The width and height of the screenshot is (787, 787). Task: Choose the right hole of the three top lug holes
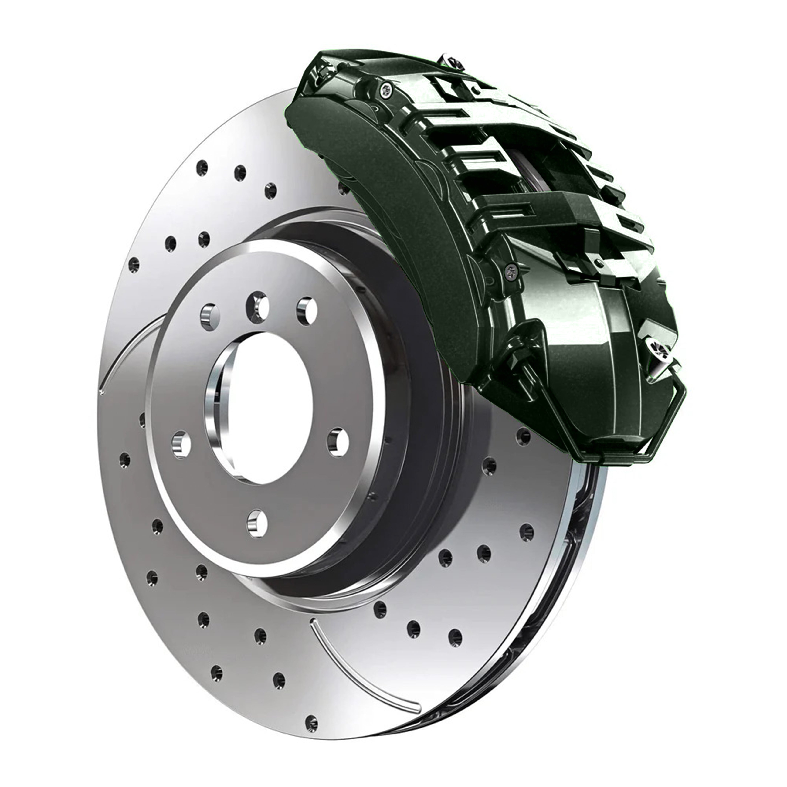pos(306,310)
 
